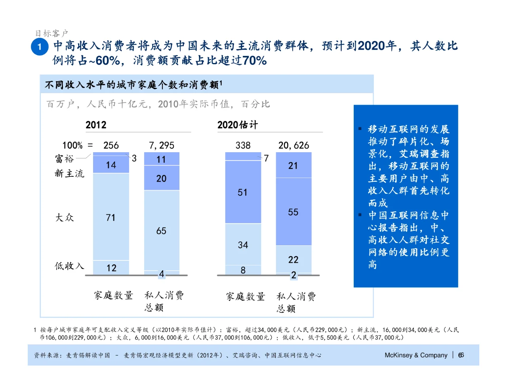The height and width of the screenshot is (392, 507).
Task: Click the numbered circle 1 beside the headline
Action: coord(40,47)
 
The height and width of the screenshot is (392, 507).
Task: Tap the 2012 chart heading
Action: coord(96,125)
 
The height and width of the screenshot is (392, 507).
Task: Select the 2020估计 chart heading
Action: coord(237,125)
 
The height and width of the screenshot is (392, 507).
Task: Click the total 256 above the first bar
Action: coord(111,145)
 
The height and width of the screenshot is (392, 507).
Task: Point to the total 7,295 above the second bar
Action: coord(161,145)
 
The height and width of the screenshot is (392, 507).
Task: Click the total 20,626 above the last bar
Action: coord(294,145)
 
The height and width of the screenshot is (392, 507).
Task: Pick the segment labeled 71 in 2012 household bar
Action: coord(111,217)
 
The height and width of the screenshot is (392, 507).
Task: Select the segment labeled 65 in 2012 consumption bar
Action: coord(161,231)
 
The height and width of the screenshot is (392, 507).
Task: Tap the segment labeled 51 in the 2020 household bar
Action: coord(243,192)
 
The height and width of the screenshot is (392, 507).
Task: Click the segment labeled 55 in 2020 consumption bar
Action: coord(293,212)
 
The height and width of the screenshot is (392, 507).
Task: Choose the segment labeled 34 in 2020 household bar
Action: coord(243,245)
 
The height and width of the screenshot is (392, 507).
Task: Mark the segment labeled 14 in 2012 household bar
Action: coord(111,165)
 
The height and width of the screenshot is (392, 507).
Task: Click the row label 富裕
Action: coord(64,159)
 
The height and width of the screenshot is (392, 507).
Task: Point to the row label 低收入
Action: coord(69,266)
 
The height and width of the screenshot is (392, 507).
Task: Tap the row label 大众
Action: coord(64,217)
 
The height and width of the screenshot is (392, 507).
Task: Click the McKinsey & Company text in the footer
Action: coord(416,355)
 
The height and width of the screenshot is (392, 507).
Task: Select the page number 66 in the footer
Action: coord(461,355)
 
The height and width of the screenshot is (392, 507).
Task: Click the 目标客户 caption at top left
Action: coord(51,33)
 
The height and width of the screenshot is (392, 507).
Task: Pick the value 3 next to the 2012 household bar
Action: coord(134,158)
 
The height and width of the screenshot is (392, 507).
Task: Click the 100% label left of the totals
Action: coord(72,145)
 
